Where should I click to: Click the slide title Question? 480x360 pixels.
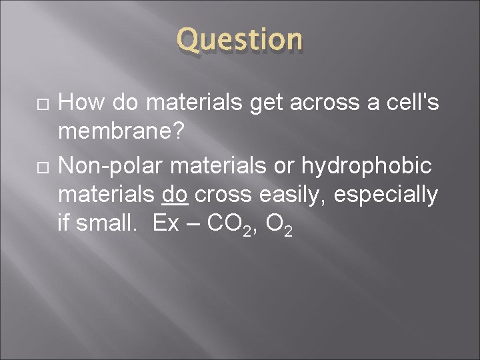click(x=239, y=39)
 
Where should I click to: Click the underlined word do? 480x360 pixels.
click(x=175, y=195)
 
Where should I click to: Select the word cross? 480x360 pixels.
click(x=223, y=195)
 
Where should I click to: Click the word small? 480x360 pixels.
click(x=108, y=225)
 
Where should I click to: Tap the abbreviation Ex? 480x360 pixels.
click(x=165, y=225)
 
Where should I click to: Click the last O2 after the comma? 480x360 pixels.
click(x=279, y=226)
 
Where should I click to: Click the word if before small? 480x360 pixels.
click(x=63, y=225)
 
